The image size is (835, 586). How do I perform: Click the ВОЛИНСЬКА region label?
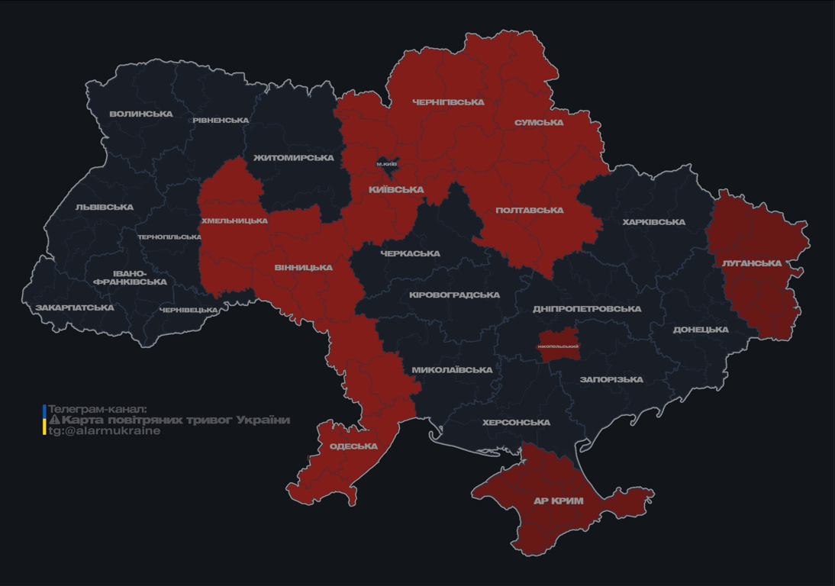(x=141, y=114)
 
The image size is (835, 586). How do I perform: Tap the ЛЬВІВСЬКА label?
(x=105, y=208)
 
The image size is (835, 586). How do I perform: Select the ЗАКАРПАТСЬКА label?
(x=75, y=308)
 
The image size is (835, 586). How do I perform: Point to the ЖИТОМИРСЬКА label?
(x=294, y=158)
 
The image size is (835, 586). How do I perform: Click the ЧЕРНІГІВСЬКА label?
(x=448, y=102)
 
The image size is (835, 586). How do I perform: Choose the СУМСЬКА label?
(x=539, y=123)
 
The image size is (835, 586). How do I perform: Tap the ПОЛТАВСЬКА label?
(x=530, y=211)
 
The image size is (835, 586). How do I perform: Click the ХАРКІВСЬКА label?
(x=653, y=223)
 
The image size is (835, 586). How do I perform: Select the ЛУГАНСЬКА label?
(x=752, y=264)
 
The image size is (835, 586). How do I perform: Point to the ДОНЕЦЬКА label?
(x=701, y=330)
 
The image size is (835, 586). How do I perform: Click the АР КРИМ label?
(x=559, y=501)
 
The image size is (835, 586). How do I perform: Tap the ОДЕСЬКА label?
(x=353, y=446)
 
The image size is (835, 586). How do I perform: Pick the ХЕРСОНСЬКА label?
(x=516, y=423)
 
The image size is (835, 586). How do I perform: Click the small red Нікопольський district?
(x=558, y=344)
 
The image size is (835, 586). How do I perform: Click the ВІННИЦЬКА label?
(x=304, y=268)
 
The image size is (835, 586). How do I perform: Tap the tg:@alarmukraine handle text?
(x=105, y=431)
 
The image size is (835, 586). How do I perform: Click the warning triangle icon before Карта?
(x=54, y=420)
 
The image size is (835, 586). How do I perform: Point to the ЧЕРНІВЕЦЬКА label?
(x=189, y=311)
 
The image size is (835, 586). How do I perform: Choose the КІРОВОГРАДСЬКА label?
(x=454, y=295)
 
